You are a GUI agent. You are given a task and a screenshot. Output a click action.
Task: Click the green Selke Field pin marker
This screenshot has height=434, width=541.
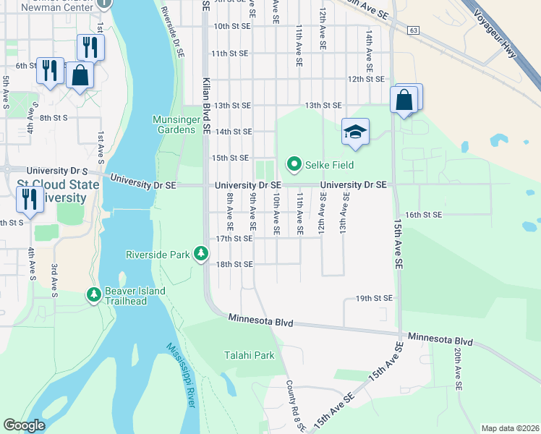[x=294, y=165]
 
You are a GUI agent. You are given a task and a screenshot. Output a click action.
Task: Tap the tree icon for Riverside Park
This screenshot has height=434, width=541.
[x=201, y=254]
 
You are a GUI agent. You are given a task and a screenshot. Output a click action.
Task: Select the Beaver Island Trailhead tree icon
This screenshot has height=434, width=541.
[x=93, y=294]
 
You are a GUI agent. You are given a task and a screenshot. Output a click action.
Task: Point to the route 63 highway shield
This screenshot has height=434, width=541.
[x=413, y=30]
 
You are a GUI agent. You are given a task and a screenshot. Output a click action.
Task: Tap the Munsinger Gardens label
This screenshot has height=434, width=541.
[x=174, y=124]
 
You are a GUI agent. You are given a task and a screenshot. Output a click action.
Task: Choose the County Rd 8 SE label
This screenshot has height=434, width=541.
[x=296, y=406]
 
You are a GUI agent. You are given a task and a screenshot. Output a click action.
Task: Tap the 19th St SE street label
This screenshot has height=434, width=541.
[x=374, y=298]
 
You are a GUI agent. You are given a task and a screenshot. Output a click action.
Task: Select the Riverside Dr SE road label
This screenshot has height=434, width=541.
[x=173, y=30]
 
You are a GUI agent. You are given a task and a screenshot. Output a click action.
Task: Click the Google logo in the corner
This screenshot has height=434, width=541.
[x=24, y=425]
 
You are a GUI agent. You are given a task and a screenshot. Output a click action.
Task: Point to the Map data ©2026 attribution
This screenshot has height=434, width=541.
[x=509, y=428]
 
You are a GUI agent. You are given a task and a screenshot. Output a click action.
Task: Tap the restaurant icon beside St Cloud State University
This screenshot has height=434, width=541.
[x=30, y=197]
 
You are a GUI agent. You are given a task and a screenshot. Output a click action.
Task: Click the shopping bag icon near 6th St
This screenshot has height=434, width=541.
[x=80, y=75]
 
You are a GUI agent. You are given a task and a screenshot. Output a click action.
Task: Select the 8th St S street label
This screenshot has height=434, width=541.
[x=54, y=117]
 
